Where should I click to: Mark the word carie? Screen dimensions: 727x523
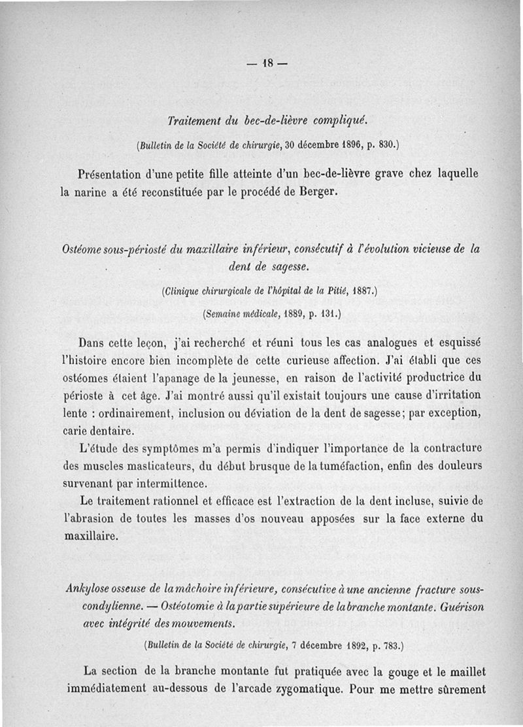click(75, 432)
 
